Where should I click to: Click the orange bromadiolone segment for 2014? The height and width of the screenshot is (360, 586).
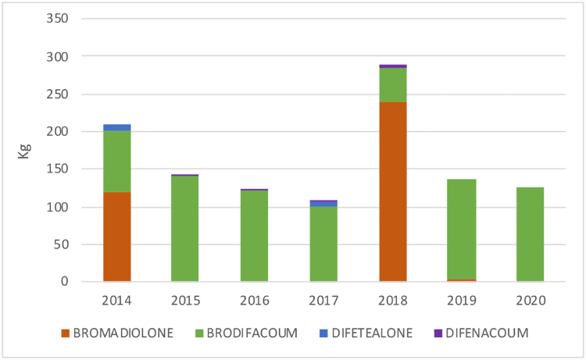coord(116,237)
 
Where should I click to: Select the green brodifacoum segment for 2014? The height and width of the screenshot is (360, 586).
coord(116,161)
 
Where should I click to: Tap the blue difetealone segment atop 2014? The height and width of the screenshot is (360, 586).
coord(116,127)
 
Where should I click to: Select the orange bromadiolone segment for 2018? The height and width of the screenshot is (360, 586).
coord(392,191)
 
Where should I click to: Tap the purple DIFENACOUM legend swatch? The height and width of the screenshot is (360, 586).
coord(459,333)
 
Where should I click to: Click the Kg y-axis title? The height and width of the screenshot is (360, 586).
coord(24,150)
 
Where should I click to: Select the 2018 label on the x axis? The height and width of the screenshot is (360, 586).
coord(392,300)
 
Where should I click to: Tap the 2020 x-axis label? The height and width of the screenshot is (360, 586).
coord(531,300)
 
